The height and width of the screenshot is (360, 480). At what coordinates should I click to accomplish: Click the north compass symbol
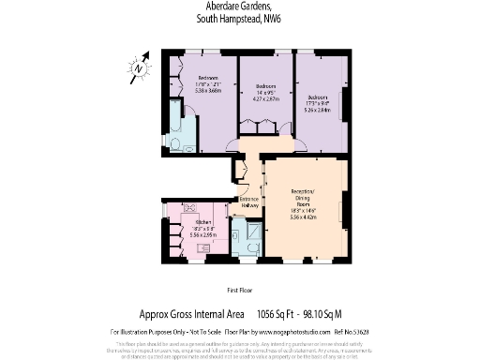click(x=140, y=67)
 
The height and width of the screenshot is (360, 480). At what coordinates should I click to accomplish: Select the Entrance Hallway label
click(x=249, y=202)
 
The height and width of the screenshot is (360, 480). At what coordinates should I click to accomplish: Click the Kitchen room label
click(x=203, y=221)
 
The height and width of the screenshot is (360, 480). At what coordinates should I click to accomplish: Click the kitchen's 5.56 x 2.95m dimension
click(x=203, y=234)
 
